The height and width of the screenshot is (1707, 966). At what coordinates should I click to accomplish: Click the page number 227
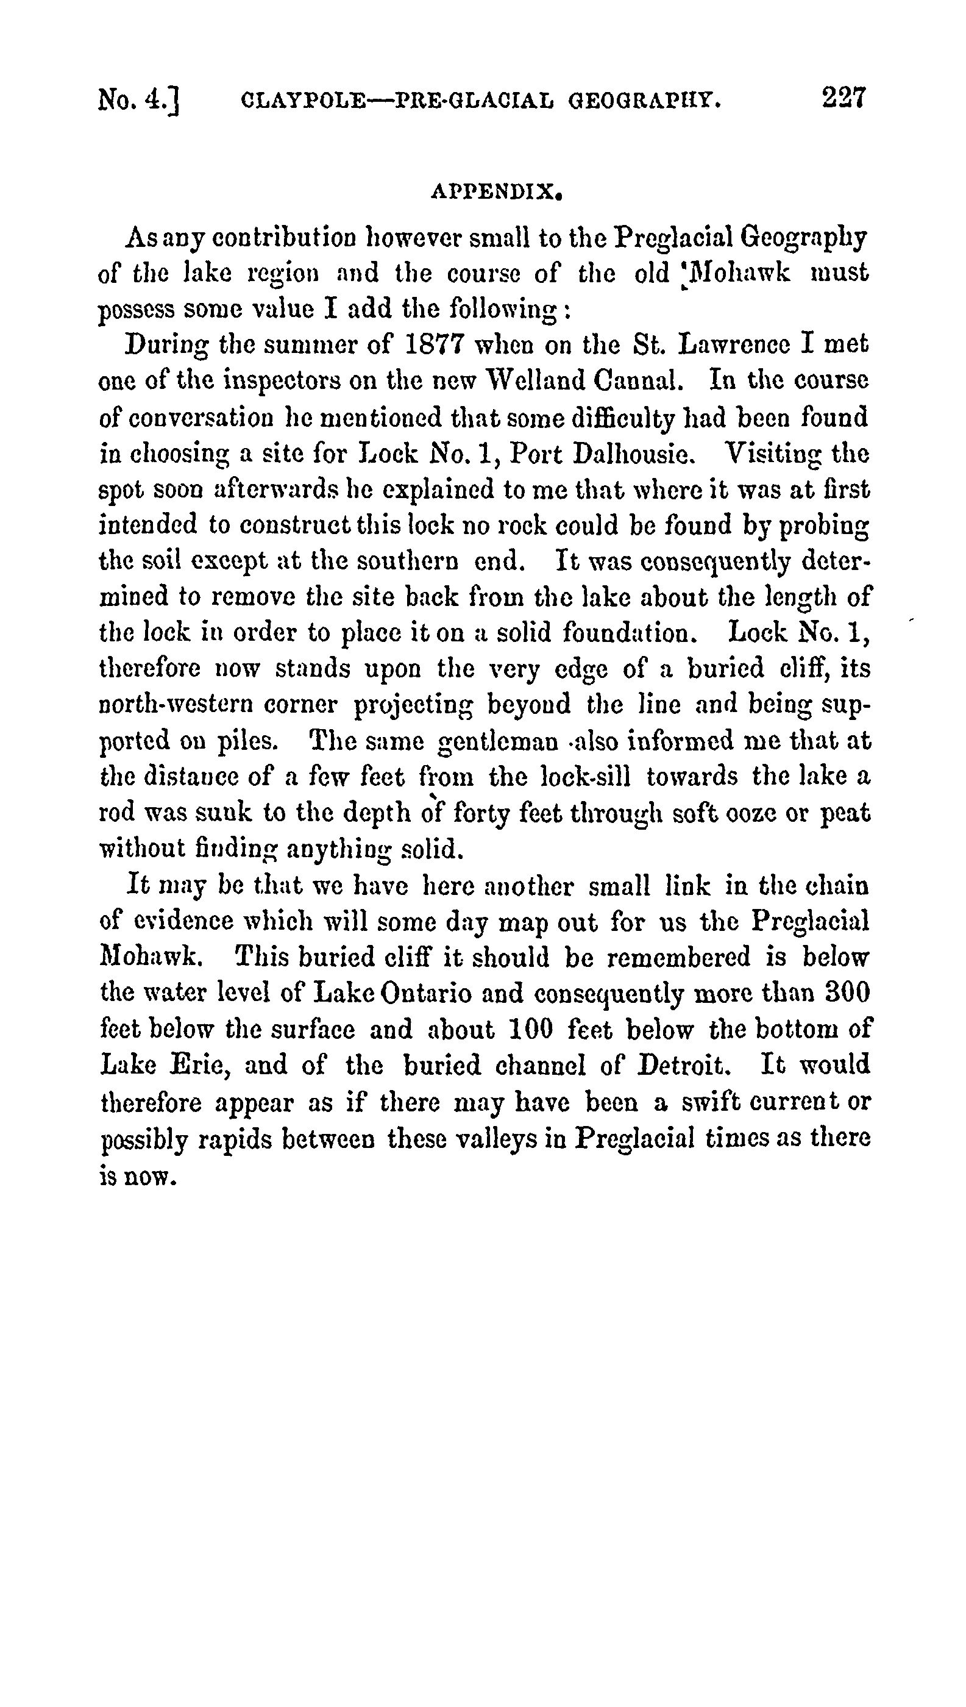844,98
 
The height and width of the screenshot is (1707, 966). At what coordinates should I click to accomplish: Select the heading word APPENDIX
497,193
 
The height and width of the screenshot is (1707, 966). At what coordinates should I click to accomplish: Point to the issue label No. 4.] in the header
140,101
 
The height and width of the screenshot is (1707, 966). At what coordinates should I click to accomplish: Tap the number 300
847,994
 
